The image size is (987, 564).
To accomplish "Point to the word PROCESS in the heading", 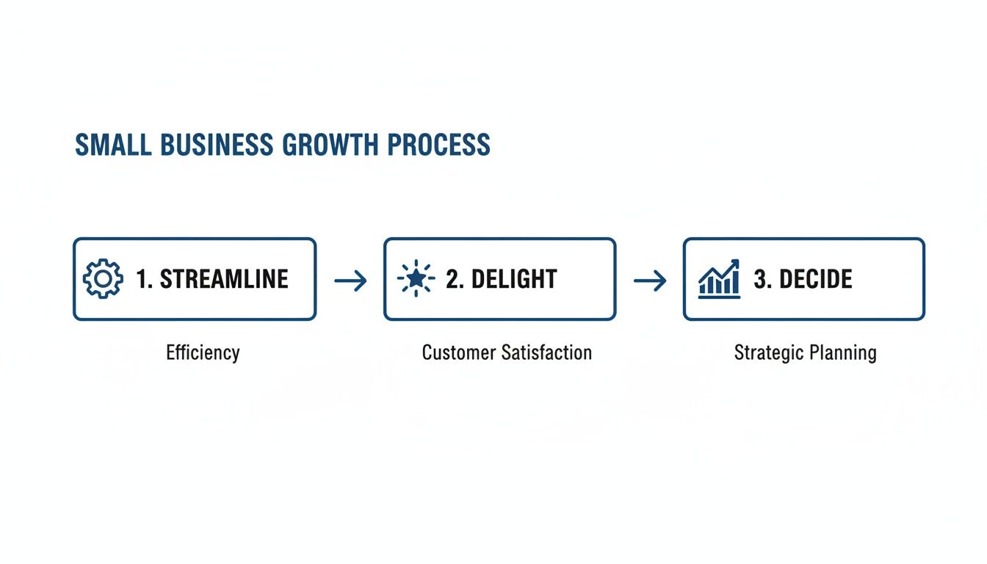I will [x=438, y=145].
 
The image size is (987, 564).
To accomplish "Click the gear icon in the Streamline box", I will [x=104, y=280].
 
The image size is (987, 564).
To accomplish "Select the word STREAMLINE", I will [x=224, y=280].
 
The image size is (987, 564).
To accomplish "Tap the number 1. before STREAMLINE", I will [x=145, y=280].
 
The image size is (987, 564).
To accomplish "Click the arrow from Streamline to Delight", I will [x=350, y=280].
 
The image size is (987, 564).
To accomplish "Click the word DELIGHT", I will [x=514, y=280].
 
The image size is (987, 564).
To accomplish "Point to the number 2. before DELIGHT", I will [x=455, y=280].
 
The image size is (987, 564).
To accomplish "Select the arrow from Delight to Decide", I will [x=650, y=280].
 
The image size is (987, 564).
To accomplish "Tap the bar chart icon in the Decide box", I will [x=719, y=278].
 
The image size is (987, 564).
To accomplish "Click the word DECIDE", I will [x=816, y=280].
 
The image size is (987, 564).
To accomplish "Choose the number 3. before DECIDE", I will [x=762, y=280].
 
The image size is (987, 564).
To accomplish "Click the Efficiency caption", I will [x=203, y=352].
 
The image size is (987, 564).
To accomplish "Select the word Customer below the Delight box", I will [x=459, y=352].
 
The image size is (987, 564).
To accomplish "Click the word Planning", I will [x=842, y=353].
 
